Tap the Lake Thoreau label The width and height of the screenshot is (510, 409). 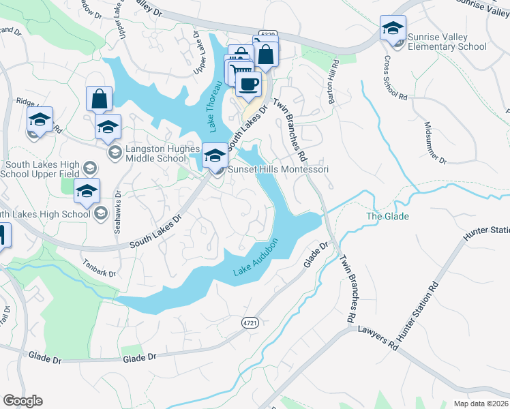[x=216, y=106]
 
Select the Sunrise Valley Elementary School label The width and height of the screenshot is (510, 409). [x=447, y=42]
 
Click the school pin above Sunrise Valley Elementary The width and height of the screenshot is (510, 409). [x=393, y=29]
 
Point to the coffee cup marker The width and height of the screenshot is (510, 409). [x=248, y=85]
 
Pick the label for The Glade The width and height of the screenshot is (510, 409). [x=387, y=217]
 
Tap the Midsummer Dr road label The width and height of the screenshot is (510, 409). [x=435, y=144]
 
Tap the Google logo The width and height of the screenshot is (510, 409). [x=22, y=401]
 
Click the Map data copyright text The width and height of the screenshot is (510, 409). [x=481, y=404]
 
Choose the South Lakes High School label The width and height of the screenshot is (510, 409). [x=46, y=214]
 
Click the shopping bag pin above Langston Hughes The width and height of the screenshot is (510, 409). [x=100, y=100]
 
